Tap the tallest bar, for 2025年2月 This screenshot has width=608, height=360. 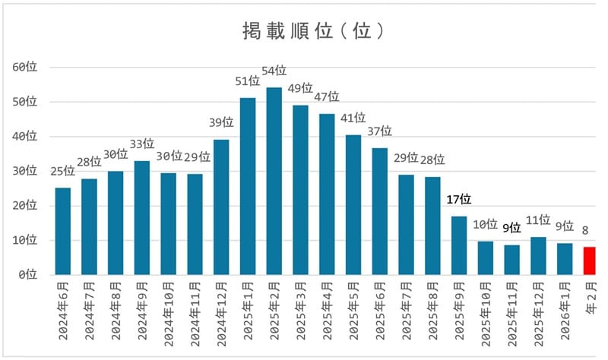point(274,181)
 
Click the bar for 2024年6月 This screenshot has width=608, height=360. point(63,231)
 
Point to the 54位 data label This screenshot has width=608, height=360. point(274,71)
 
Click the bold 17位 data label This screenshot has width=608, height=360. point(459,200)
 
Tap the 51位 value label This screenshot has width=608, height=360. point(248,82)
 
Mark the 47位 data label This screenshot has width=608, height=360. point(327,96)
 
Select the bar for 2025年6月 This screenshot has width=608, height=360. point(380,211)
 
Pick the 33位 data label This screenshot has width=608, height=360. point(141,144)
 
